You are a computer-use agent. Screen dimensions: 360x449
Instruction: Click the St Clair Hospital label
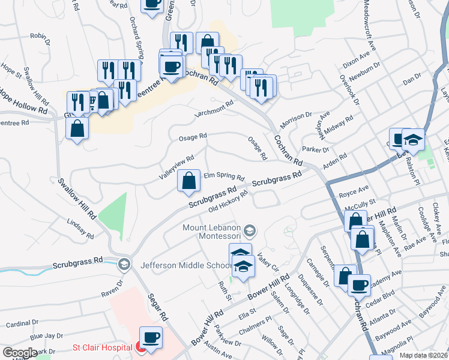102,347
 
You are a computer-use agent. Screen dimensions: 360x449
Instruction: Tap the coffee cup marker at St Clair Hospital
151,338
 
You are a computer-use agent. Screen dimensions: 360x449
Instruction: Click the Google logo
20,353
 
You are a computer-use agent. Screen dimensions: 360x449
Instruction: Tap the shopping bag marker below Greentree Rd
77,129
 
